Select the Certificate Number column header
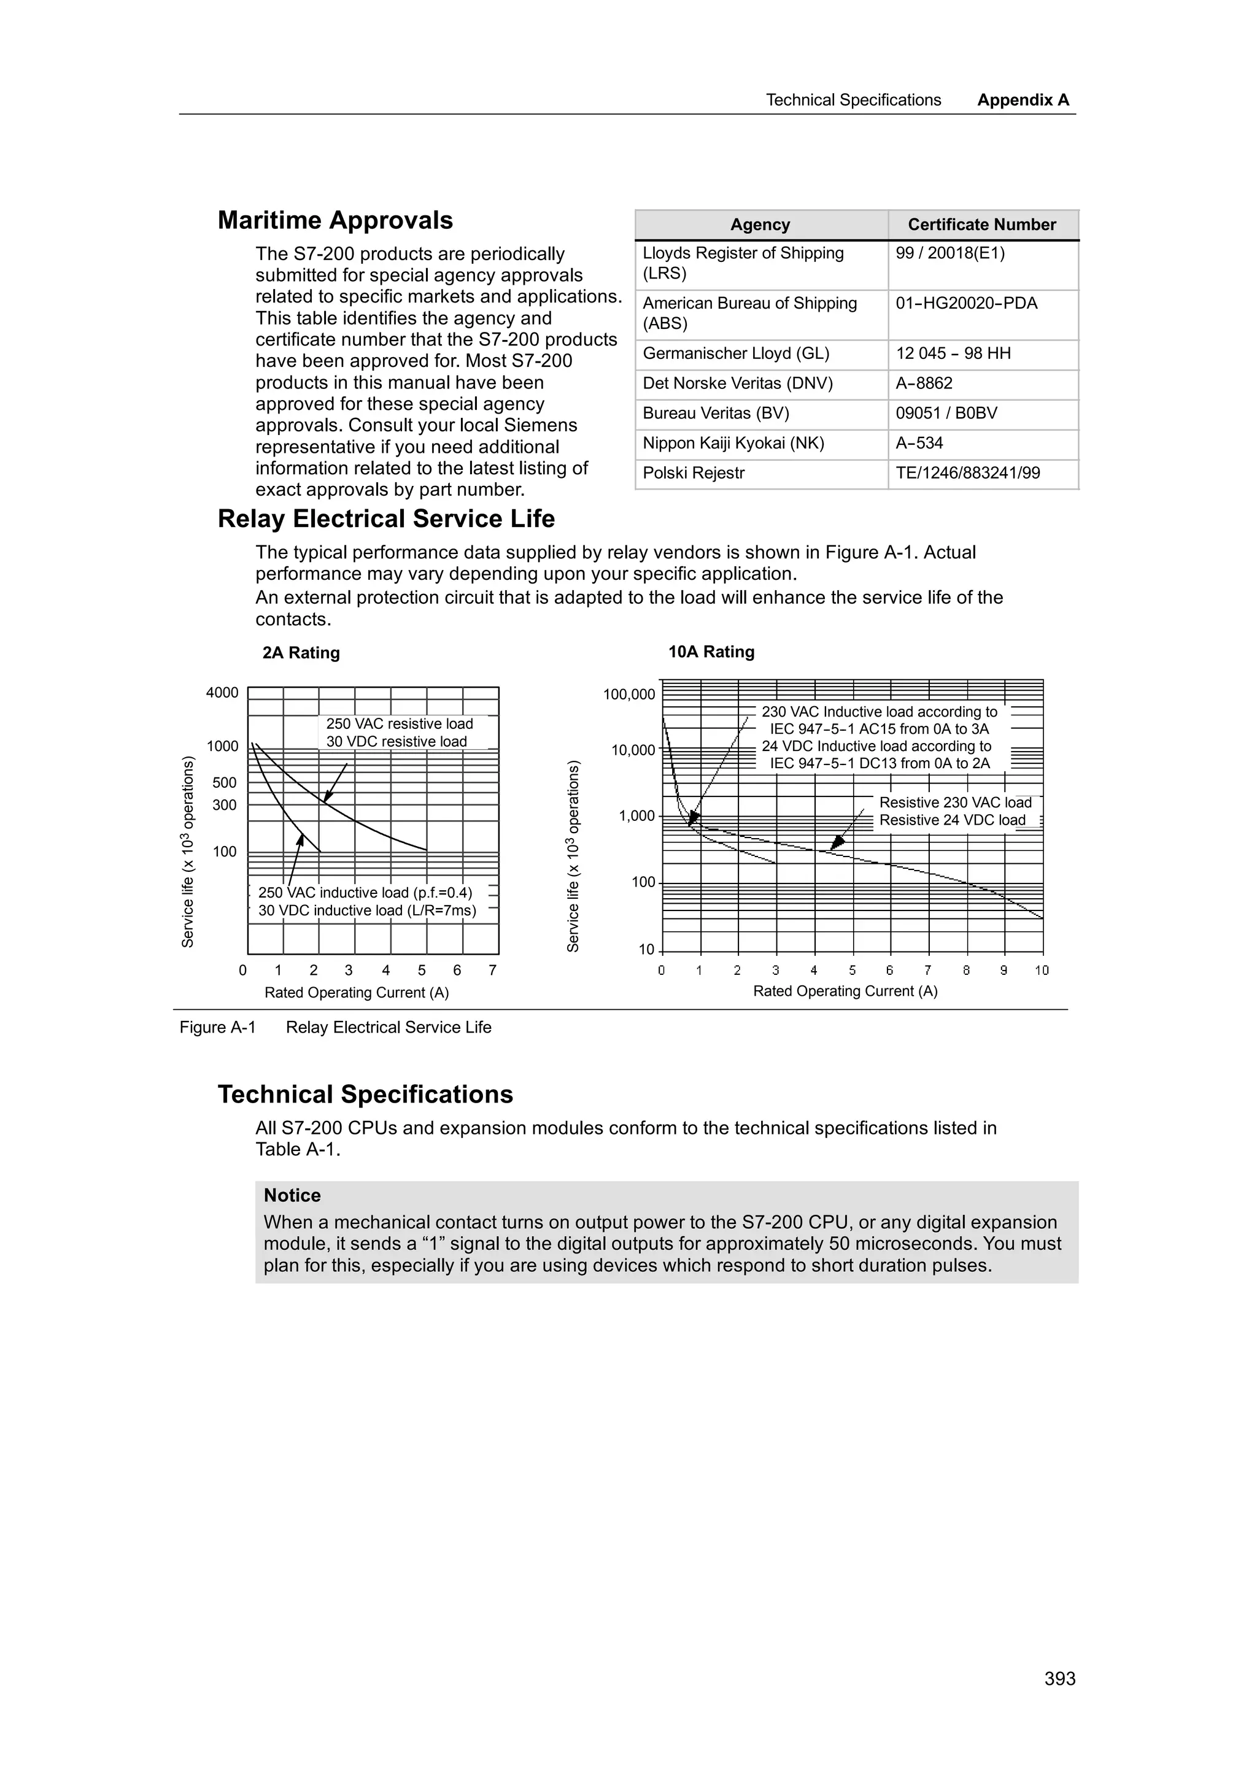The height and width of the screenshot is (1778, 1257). point(981,225)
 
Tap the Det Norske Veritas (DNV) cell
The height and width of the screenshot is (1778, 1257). point(737,383)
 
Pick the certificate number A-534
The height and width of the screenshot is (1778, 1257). point(919,443)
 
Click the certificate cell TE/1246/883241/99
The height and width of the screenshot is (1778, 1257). point(967,473)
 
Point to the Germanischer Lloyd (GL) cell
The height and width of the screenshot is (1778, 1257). point(736,354)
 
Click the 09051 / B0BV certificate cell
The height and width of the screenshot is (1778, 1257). point(946,414)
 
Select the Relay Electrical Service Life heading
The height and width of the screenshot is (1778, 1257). point(385,519)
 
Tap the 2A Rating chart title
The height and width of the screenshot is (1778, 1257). point(301,653)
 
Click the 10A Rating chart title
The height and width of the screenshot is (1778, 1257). point(711,652)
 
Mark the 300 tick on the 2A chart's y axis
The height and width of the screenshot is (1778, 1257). point(225,806)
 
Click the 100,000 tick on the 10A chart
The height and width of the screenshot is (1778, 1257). point(629,695)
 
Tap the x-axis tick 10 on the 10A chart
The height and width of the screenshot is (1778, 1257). point(1041,971)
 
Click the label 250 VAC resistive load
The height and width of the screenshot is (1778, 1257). point(399,723)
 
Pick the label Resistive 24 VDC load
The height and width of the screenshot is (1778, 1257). point(952,820)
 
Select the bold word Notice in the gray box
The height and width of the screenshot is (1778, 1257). point(292,1196)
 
